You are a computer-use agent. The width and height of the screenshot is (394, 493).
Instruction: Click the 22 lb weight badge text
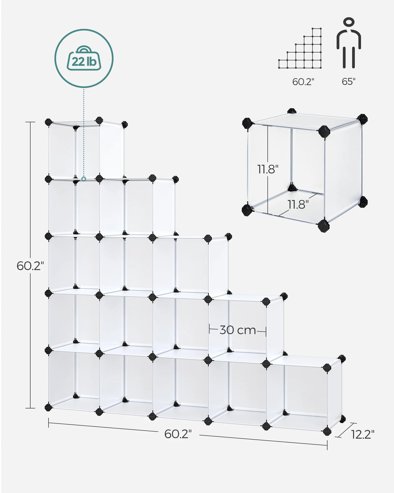coord(84,62)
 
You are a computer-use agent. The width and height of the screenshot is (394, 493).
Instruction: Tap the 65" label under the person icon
coord(348,81)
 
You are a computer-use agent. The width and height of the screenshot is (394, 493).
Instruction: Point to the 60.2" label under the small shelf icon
coord(303,81)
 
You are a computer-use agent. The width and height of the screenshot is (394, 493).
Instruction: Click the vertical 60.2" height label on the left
coord(30,266)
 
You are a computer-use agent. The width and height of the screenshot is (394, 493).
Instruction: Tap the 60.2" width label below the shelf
coord(178,434)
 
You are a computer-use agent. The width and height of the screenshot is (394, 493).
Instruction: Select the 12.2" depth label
coord(362,434)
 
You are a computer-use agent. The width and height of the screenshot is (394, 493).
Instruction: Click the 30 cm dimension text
coord(238,330)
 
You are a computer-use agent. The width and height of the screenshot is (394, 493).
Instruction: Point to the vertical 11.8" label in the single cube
coord(268,169)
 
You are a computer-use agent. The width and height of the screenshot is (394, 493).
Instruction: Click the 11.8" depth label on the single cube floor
coord(298,204)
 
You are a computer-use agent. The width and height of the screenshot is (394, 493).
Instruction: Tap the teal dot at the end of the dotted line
coord(84,179)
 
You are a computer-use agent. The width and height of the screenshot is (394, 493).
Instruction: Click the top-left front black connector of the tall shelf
coord(49,122)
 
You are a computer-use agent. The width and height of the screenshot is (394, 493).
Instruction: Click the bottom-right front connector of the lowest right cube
coord(327,431)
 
